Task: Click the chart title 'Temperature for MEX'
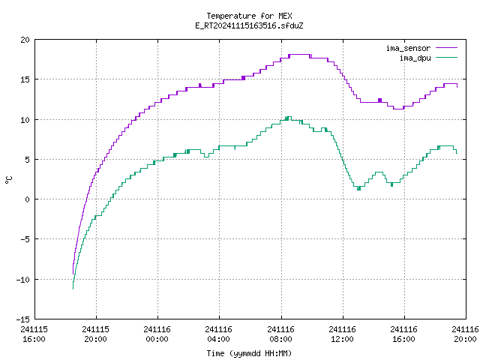click(x=249, y=16)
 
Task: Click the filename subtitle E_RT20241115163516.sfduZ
click(x=249, y=25)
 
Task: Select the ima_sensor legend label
click(x=408, y=48)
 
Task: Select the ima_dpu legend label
click(x=415, y=58)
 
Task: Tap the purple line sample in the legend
click(x=446, y=48)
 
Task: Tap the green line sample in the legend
click(x=446, y=57)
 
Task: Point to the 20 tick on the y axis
click(x=25, y=40)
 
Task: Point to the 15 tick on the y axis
click(x=25, y=79)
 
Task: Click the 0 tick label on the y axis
click(x=27, y=199)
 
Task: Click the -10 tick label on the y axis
click(x=23, y=280)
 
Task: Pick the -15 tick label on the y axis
click(x=23, y=319)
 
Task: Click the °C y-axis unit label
click(x=8, y=179)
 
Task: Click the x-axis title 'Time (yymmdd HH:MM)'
click(x=249, y=353)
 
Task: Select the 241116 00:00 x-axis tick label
click(x=157, y=334)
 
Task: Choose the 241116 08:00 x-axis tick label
click(x=280, y=334)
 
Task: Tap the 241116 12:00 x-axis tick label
click(x=342, y=334)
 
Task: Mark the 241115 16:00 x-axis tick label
click(x=34, y=334)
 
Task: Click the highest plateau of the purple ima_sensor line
click(x=299, y=55)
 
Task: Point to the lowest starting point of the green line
click(x=73, y=289)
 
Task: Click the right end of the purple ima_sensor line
click(x=457, y=87)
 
